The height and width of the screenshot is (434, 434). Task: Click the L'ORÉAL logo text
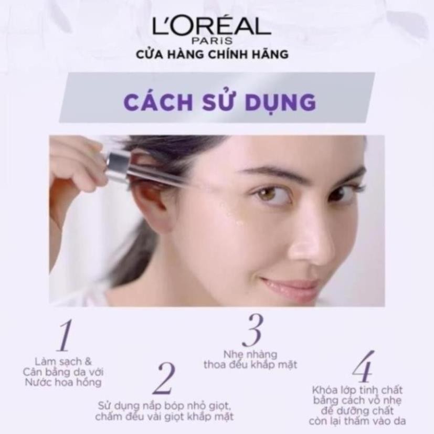(211, 26)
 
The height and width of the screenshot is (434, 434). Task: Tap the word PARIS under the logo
(213, 41)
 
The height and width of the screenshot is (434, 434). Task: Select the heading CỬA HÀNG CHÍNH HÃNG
(212, 54)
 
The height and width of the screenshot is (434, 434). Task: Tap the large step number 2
(165, 378)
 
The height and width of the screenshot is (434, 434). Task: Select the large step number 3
(253, 331)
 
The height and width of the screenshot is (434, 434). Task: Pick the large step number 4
(364, 366)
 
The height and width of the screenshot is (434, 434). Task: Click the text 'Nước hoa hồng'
(63, 382)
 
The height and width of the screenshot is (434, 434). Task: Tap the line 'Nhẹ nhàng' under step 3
(250, 355)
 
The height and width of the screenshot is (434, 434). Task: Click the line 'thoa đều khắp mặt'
(250, 365)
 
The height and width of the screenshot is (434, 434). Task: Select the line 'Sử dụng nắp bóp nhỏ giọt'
(164, 406)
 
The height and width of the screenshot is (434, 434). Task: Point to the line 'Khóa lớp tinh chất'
(357, 390)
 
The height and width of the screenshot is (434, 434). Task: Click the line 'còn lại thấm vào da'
(357, 421)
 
